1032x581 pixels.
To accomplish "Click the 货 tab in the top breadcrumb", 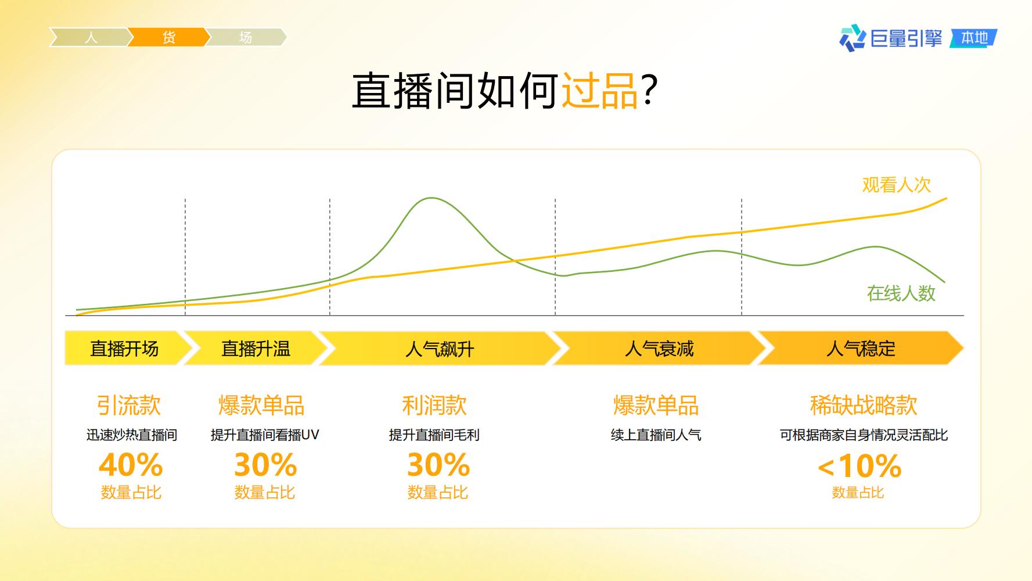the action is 168,38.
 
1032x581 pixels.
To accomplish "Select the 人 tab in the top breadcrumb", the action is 90,38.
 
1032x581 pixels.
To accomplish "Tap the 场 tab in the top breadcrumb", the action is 246,38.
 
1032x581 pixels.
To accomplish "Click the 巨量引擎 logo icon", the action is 852,38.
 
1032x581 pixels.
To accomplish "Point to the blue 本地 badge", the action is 975,38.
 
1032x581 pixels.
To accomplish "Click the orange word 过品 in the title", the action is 599,91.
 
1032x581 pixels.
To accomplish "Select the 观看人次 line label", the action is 897,185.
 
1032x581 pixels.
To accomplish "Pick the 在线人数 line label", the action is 901,293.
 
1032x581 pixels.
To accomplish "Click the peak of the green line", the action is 432,198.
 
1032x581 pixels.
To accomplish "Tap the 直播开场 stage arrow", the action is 127,349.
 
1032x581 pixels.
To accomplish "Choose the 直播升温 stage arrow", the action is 256,349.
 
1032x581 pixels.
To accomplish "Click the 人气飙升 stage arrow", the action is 440,349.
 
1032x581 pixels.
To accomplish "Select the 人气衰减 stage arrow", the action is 659,349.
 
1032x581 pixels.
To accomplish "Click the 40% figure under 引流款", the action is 131,465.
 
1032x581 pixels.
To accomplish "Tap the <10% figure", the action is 860,466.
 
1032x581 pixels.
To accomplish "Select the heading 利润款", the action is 434,406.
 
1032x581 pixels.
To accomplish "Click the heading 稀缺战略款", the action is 864,406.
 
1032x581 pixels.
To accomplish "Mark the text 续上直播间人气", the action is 656,435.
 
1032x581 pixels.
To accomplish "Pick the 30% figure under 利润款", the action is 438,465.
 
